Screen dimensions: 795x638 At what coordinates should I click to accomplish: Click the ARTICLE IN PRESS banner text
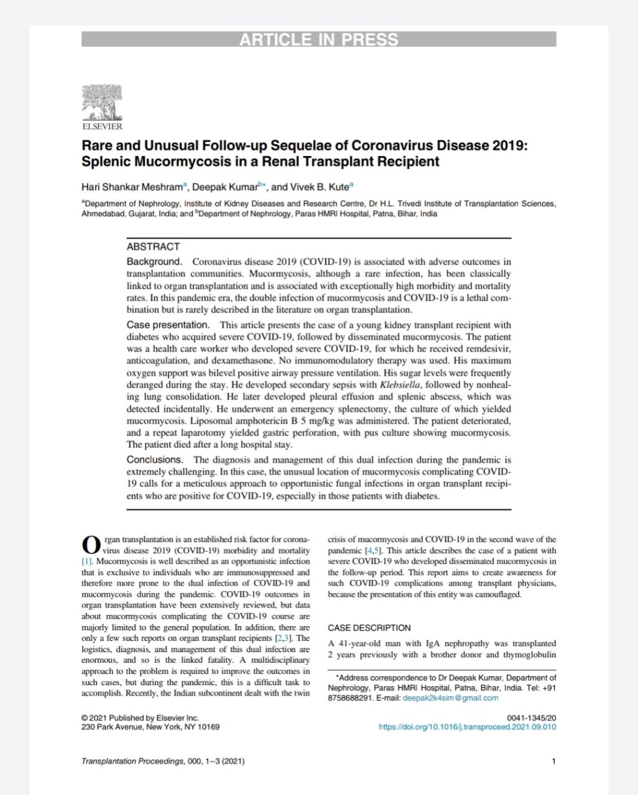319,40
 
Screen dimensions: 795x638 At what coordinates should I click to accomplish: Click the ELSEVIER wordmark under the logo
103,127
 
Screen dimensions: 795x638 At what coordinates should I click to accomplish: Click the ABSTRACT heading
153,247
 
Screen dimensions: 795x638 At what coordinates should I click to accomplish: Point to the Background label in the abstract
154,261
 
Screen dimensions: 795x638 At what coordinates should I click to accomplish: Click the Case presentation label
168,325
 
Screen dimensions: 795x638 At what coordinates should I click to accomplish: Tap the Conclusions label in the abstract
155,460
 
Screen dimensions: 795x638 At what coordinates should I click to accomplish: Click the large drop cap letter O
91,545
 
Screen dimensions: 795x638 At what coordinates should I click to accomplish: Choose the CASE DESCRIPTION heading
369,628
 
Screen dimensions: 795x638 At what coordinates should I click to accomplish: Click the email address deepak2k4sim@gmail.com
450,697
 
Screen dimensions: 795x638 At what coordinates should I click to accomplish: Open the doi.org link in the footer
467,727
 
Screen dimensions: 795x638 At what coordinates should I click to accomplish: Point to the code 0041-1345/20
532,718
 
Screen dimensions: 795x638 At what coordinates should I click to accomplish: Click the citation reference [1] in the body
87,561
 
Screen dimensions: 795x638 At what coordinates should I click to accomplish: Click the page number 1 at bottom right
554,761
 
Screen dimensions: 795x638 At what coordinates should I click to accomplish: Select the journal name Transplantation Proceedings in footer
132,761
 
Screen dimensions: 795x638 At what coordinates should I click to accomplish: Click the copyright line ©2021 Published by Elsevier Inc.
140,718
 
